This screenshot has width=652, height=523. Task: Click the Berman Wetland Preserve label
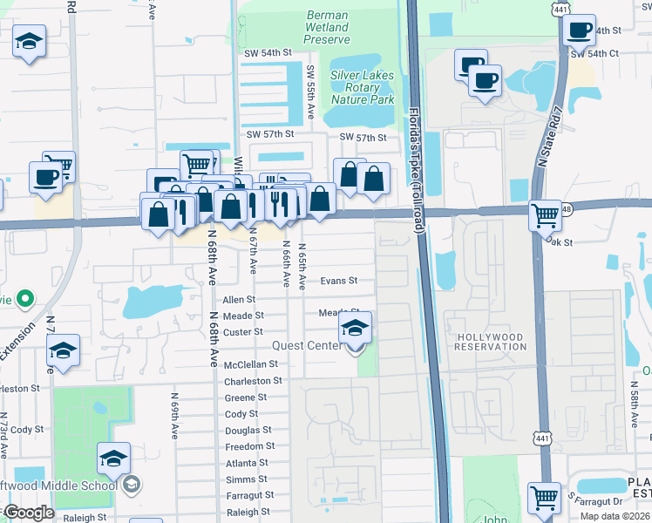click(x=328, y=28)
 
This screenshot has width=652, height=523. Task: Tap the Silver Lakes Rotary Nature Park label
click(x=363, y=87)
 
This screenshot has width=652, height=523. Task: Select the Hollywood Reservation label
click(x=490, y=342)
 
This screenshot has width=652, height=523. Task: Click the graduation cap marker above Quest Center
click(x=356, y=329)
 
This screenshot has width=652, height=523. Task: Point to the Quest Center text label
click(x=306, y=345)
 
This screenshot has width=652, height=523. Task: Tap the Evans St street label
click(x=339, y=281)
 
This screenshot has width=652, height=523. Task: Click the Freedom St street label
click(x=250, y=446)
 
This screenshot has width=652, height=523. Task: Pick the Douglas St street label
click(x=248, y=431)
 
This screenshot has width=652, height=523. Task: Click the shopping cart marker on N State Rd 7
click(x=546, y=214)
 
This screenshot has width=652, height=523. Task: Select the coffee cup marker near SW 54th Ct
click(x=578, y=31)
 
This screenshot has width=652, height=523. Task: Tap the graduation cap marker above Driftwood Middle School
click(x=113, y=458)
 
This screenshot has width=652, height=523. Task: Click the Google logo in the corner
click(x=28, y=513)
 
